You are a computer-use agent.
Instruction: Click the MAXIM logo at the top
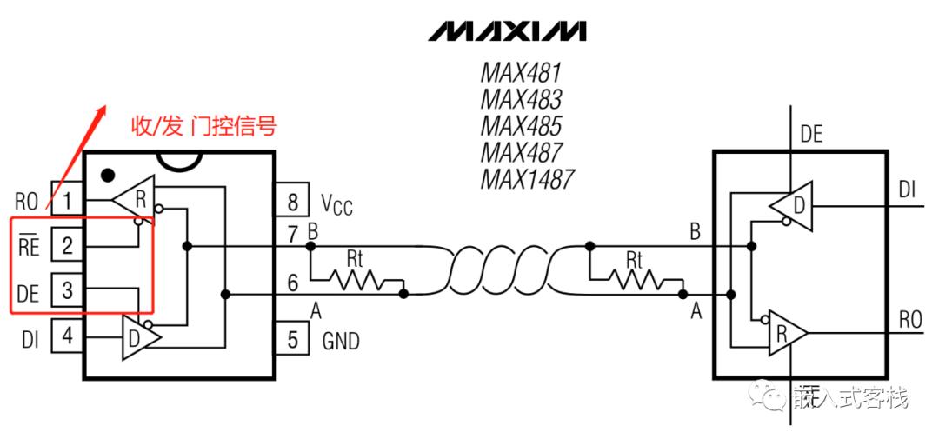pos(508,32)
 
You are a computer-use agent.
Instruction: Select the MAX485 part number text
pos(521,124)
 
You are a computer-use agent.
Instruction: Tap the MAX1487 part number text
pos(527,178)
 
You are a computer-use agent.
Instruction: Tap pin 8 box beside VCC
pos(293,202)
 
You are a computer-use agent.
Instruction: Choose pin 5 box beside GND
pos(293,338)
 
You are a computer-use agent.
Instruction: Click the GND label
pos(341,342)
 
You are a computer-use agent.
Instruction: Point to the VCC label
pos(336,205)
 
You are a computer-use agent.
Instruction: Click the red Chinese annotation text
pos(203,128)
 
